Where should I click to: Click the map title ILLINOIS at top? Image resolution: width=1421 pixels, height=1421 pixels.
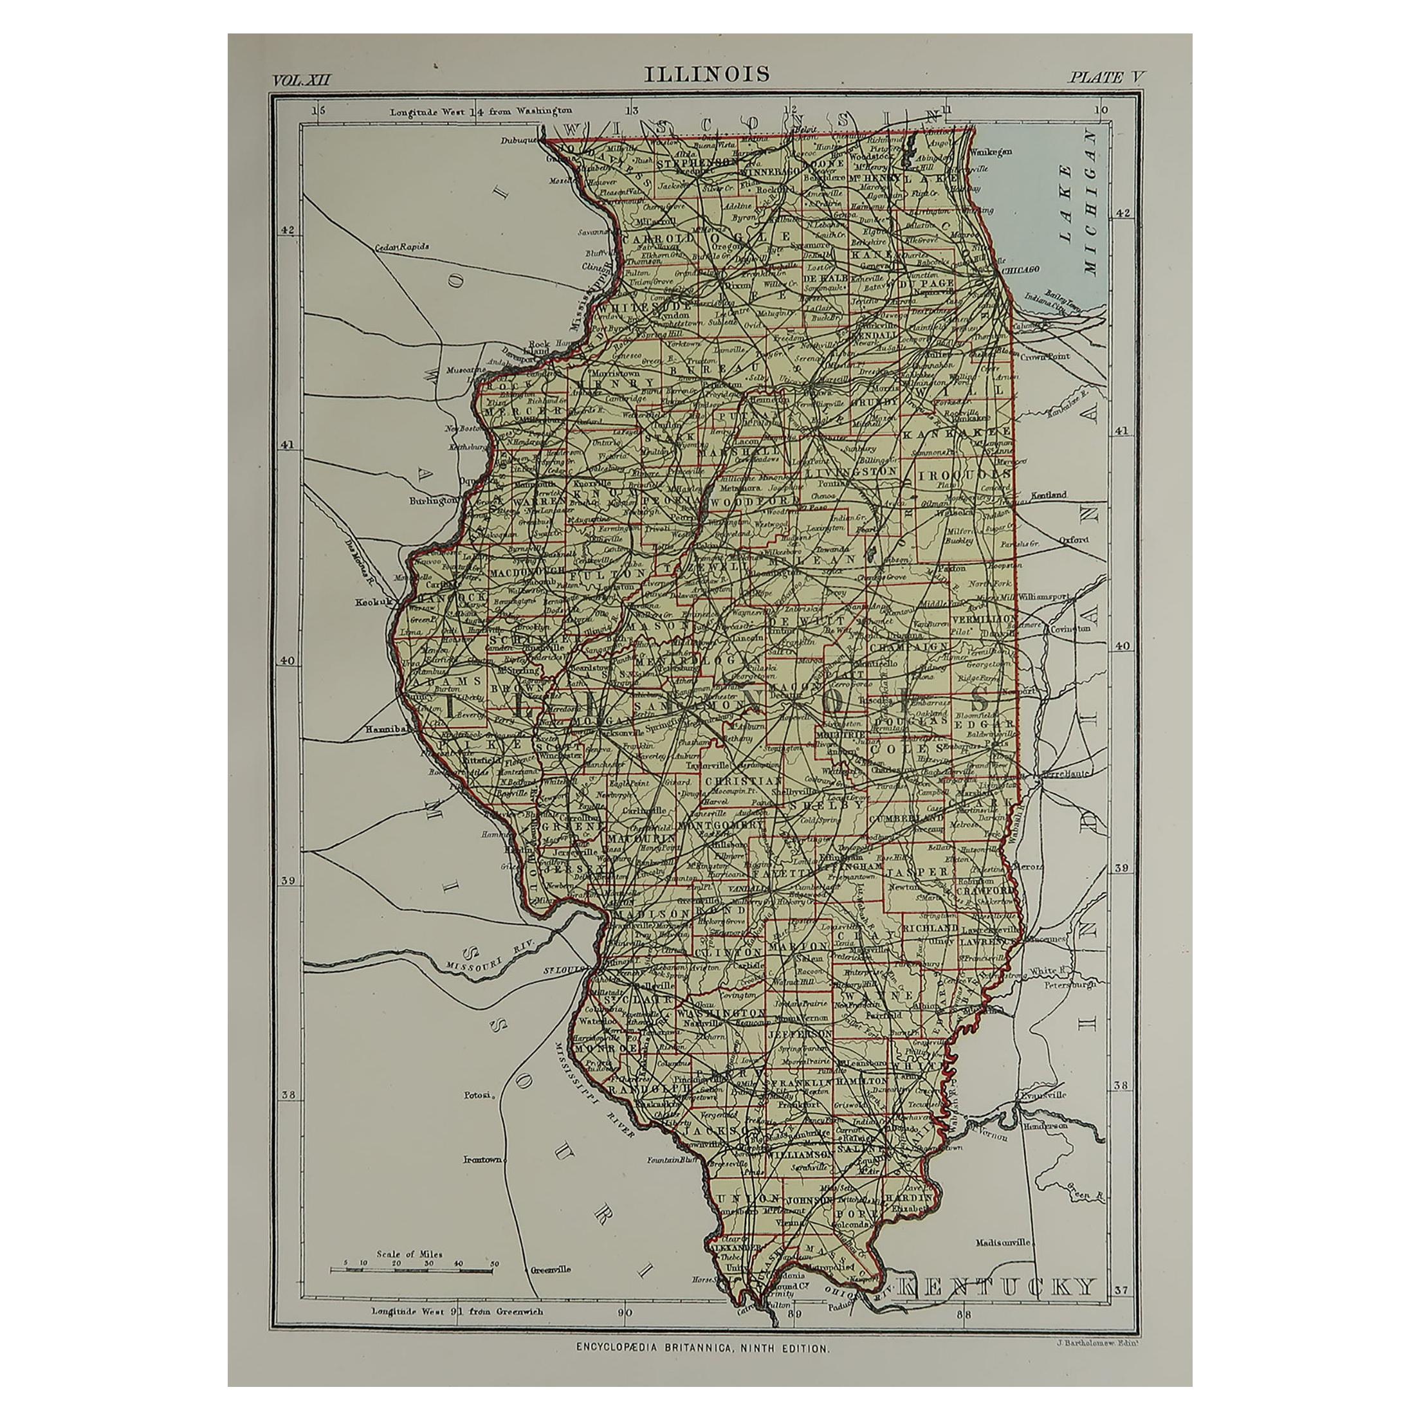(x=707, y=74)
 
